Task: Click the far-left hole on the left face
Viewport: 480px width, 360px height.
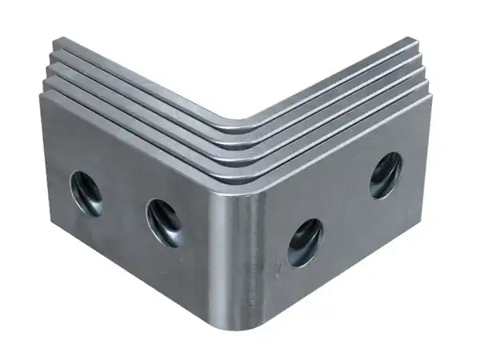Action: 86,194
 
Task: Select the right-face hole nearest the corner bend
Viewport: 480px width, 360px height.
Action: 305,242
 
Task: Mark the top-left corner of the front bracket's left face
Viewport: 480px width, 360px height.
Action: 40,94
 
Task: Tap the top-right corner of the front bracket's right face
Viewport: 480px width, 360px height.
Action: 431,96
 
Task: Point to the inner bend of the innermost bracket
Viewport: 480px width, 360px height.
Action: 240,122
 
